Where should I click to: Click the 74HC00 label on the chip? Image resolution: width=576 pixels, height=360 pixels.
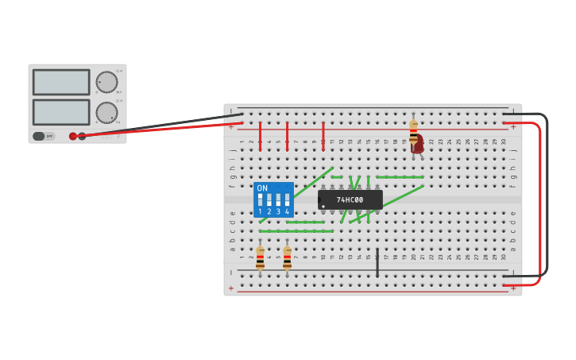[350, 199]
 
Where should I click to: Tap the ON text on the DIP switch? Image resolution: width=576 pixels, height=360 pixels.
[262, 188]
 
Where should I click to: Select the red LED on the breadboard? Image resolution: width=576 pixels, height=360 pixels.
[417, 146]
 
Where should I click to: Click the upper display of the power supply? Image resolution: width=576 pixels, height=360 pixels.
[61, 82]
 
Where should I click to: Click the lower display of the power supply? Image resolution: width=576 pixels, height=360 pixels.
[61, 111]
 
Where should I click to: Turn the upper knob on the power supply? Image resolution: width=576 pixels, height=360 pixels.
[106, 82]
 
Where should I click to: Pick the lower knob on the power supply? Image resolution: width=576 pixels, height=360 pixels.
[106, 112]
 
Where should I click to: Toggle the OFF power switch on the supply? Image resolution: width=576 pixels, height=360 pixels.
[44, 136]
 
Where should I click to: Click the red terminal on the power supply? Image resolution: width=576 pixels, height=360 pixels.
[73, 136]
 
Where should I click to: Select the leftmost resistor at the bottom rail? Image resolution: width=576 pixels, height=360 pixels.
[260, 257]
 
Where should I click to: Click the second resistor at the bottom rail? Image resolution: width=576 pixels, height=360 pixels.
[287, 257]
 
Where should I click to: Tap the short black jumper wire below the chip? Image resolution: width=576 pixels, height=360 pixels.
[377, 263]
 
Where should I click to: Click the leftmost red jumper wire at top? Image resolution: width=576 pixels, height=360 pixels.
[260, 135]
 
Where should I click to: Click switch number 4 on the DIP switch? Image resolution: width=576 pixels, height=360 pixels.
[287, 199]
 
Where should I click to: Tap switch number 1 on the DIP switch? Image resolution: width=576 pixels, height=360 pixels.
[260, 199]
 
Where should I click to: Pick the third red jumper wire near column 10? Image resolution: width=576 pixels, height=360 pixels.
[323, 135]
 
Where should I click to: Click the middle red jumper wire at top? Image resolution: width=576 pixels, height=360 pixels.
[287, 135]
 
